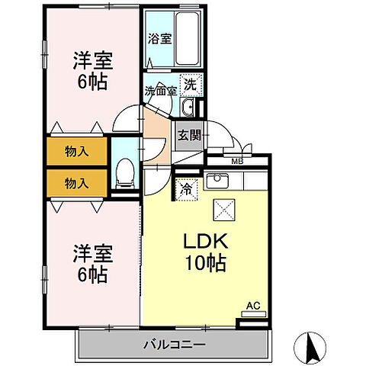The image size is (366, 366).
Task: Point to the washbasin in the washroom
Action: point(188,105)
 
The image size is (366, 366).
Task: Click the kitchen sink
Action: point(218,181)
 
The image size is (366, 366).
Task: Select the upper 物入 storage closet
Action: point(76,151)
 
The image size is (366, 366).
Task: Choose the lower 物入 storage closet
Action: point(76,183)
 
